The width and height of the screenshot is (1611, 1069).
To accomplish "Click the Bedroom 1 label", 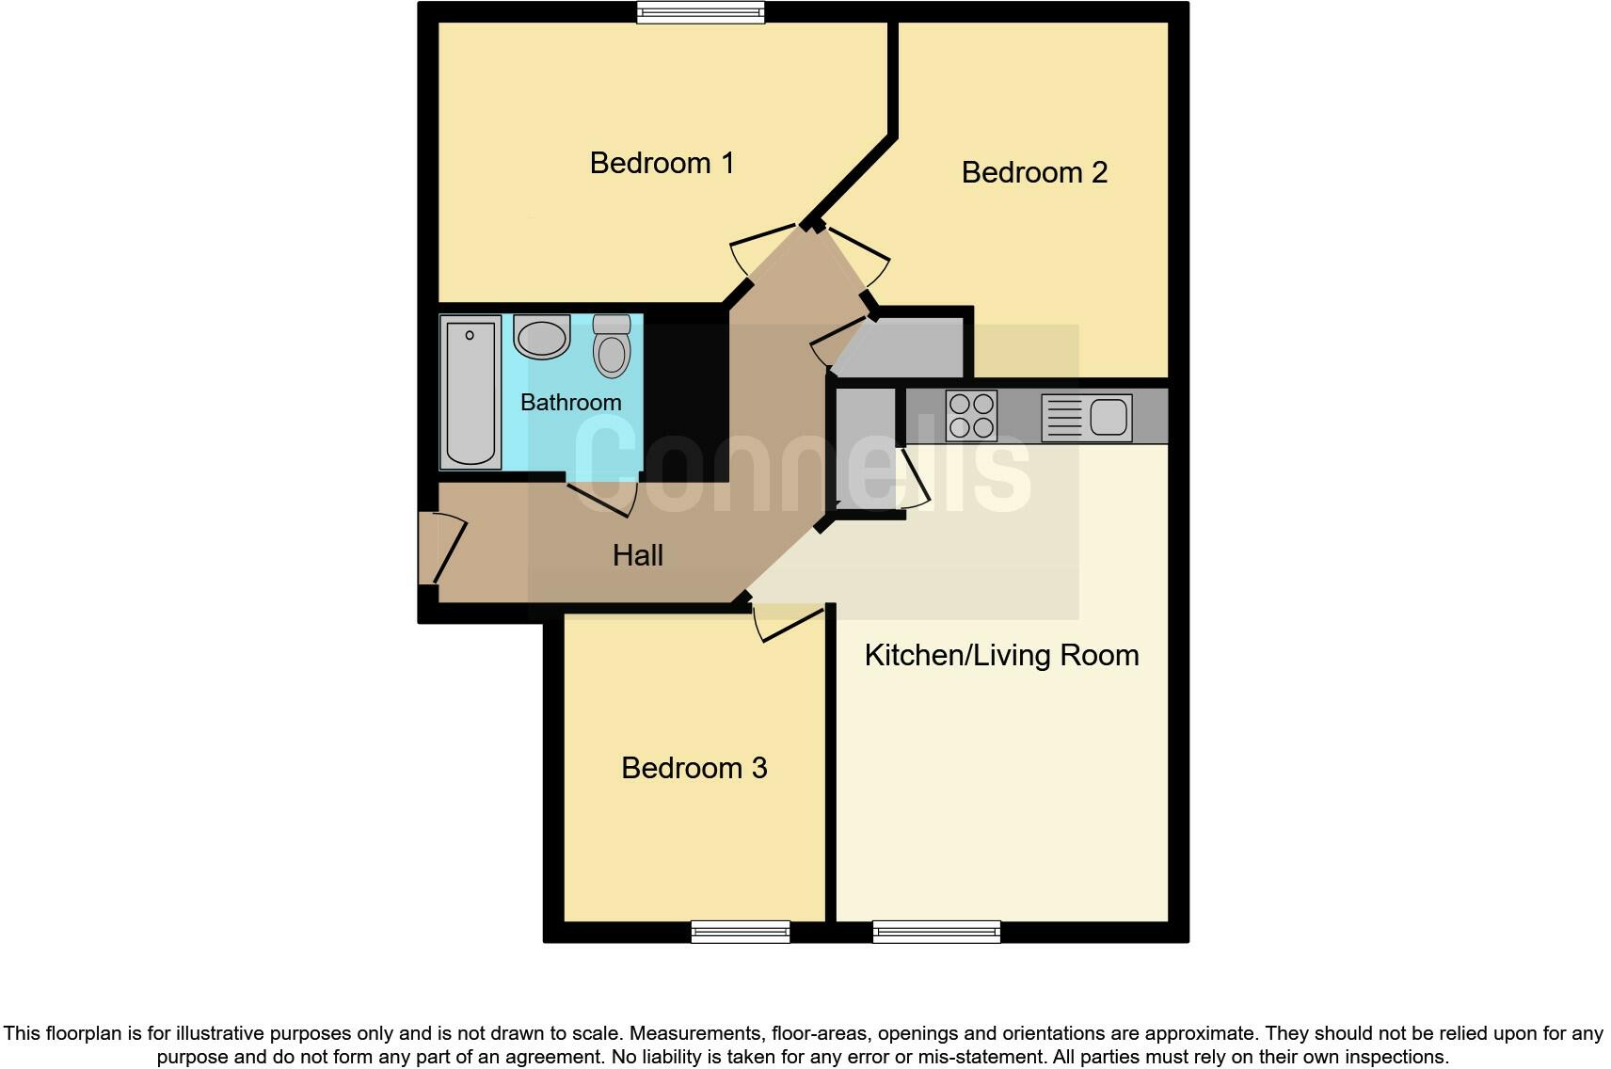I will click(x=662, y=163).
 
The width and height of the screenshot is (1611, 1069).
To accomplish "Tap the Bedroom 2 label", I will click(x=1034, y=172).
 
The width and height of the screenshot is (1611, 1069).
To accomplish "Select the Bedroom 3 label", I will click(x=694, y=768).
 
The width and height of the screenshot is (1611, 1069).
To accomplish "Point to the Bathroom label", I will click(x=570, y=402).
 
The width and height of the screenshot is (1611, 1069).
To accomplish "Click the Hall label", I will click(x=637, y=555).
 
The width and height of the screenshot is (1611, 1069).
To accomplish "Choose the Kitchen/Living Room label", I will click(x=1001, y=655).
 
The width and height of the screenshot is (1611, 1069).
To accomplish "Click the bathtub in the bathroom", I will click(x=470, y=391).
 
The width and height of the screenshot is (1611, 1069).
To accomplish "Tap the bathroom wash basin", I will click(x=541, y=337).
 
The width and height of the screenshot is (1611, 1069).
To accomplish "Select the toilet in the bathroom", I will click(x=612, y=346).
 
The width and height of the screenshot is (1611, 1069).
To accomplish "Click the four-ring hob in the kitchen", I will click(x=971, y=416).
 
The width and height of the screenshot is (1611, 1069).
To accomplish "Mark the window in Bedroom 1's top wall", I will click(x=700, y=12).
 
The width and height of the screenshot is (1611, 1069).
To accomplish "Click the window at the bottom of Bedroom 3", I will click(x=740, y=932).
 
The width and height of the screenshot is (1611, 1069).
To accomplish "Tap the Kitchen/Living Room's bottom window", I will click(x=936, y=932).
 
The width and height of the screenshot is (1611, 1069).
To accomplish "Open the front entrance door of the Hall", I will click(x=442, y=548).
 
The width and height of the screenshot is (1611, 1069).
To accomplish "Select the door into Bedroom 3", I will click(x=789, y=624).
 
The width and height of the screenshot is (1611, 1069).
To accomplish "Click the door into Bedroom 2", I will click(x=858, y=254).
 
